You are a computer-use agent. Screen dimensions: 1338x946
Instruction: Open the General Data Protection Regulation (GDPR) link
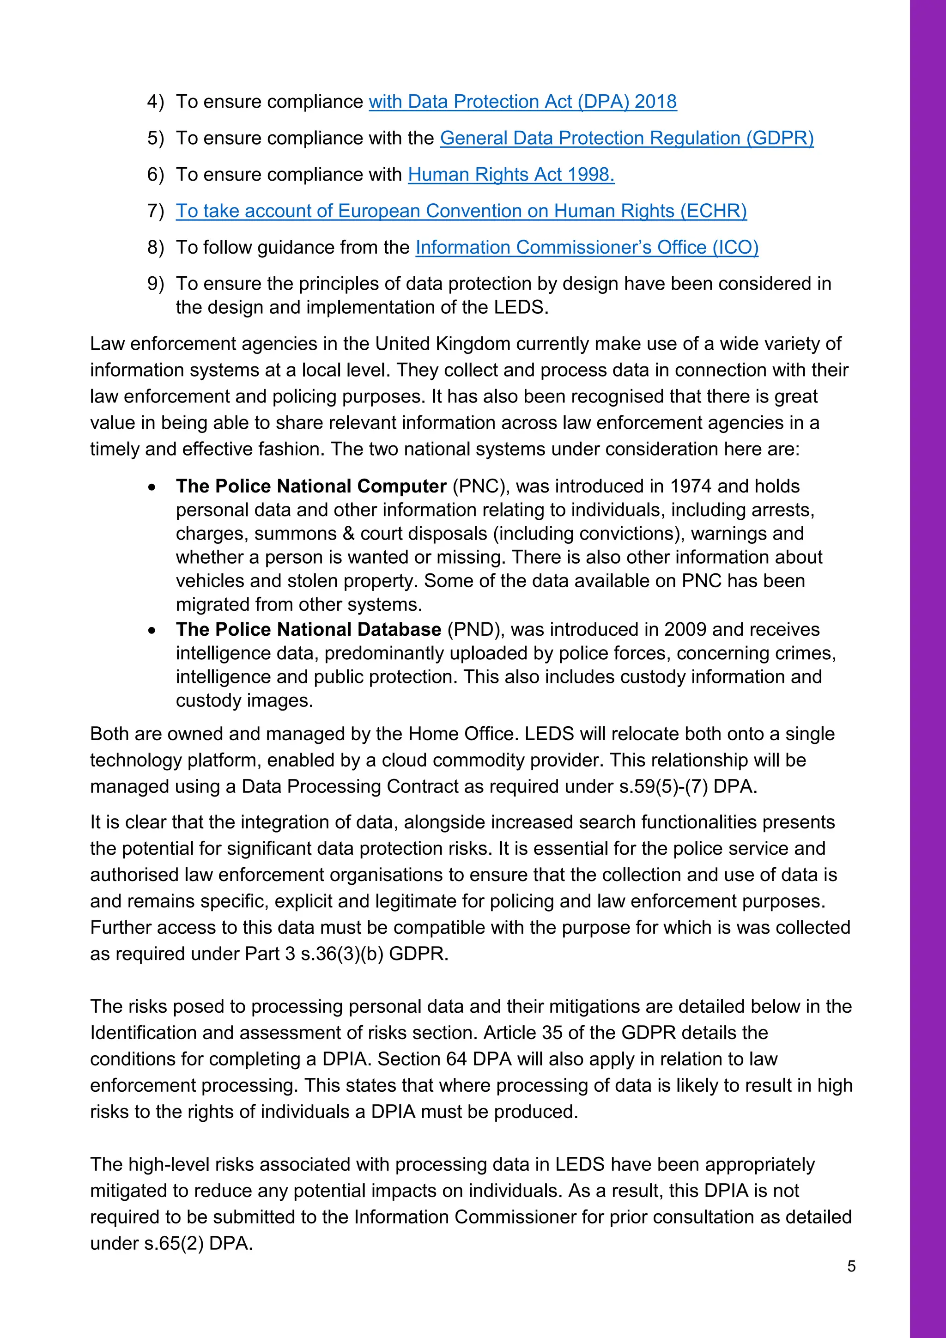point(626,138)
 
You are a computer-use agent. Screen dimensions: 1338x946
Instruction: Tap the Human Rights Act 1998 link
point(511,174)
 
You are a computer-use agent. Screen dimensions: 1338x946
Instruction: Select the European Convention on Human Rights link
point(461,211)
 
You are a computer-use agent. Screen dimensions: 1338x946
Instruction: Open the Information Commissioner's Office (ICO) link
point(587,247)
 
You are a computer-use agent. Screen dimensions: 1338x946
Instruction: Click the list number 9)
point(156,284)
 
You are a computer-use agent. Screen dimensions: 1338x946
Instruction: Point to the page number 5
point(851,1266)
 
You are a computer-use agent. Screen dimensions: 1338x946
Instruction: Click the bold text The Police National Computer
point(311,486)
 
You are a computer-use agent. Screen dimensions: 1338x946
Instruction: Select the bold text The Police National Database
point(308,629)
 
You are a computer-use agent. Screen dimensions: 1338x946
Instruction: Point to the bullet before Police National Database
point(152,631)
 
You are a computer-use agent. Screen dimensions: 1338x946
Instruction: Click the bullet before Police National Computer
point(152,487)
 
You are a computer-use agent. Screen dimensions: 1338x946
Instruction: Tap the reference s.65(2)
point(174,1244)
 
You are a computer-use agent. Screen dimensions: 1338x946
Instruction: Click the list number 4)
point(156,102)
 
